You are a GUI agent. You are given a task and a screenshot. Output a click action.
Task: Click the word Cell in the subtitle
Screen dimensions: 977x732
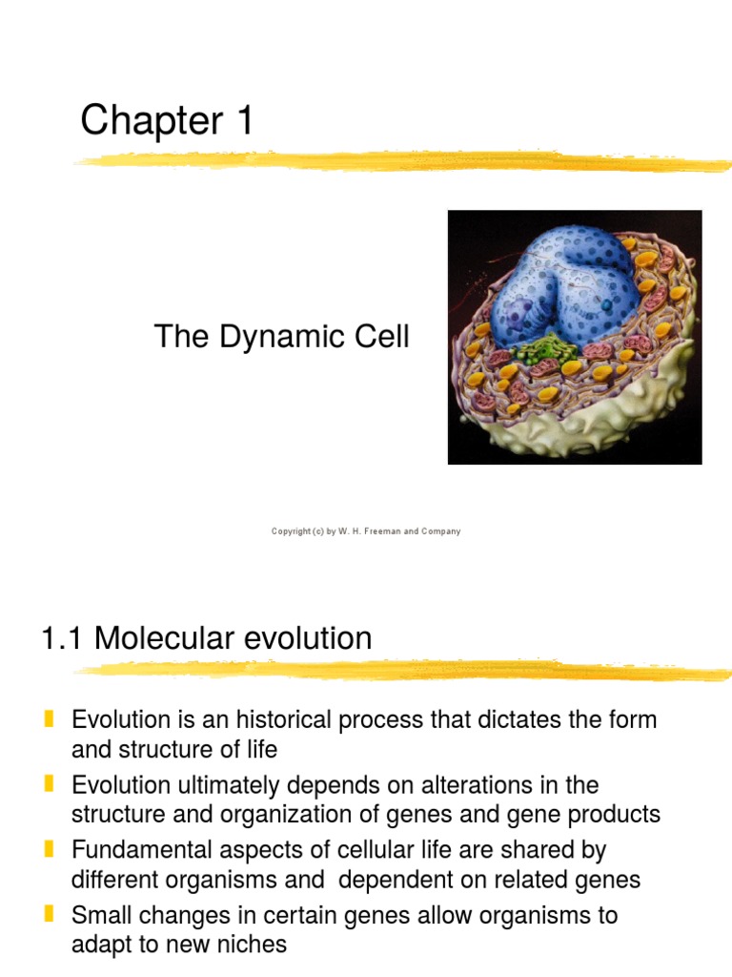tap(382, 337)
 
